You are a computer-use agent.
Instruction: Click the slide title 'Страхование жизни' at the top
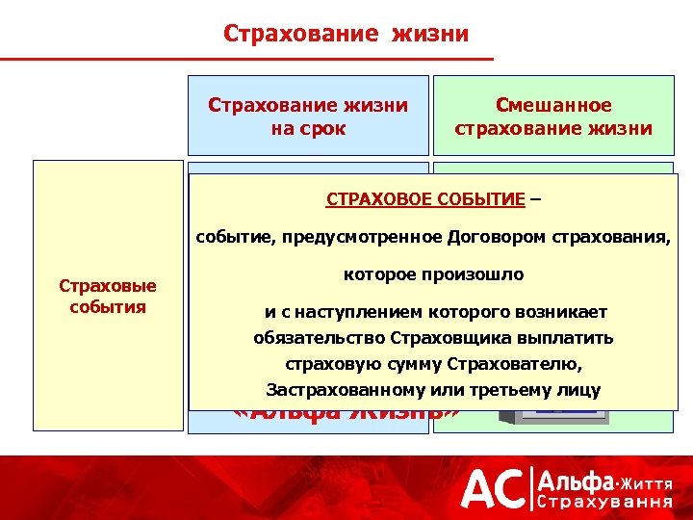(346, 35)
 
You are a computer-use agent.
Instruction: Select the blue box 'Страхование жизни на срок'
(308, 116)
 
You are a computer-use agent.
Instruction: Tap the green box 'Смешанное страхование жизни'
(553, 116)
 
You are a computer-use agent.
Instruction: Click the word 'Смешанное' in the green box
(553, 105)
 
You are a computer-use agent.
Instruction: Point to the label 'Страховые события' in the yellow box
(108, 297)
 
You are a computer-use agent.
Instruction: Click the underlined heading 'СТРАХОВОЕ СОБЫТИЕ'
(425, 199)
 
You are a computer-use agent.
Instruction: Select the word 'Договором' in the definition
(493, 237)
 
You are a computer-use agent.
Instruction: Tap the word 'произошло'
(482, 274)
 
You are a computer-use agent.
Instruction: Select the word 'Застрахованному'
(332, 390)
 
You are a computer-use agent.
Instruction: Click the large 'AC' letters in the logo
(493, 488)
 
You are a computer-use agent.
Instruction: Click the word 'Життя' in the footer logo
(646, 480)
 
